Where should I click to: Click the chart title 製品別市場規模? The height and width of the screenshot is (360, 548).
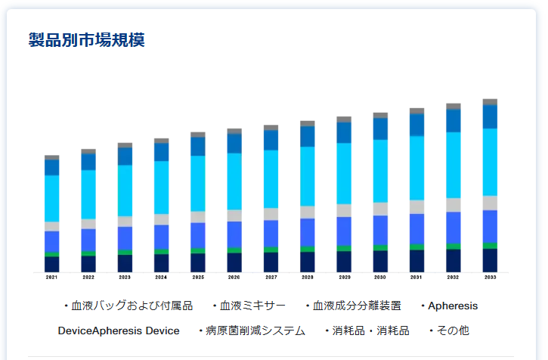tap(86, 40)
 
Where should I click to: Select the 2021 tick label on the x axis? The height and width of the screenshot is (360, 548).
tap(51, 278)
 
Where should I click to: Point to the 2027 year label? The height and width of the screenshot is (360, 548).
tap(271, 278)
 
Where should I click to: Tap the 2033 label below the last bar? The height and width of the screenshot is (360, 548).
tap(490, 278)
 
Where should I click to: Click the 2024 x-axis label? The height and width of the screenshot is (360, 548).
tap(161, 278)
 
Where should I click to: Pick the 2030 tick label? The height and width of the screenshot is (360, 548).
tap(380, 278)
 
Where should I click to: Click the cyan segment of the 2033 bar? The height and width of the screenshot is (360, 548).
tap(490, 162)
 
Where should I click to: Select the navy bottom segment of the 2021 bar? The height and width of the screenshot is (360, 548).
tap(51, 264)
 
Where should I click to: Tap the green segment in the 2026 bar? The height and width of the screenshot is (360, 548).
tap(234, 250)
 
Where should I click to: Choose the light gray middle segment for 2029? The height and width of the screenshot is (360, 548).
tap(344, 210)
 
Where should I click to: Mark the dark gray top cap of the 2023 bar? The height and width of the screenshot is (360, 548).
tap(125, 145)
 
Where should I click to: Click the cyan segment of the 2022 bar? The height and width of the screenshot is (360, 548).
tap(88, 194)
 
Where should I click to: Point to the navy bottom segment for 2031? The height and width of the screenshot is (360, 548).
tap(416, 260)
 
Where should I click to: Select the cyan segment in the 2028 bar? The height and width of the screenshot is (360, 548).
tap(308, 175)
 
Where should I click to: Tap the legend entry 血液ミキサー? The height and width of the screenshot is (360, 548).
tap(252, 306)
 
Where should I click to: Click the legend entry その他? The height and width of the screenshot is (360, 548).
tap(453, 331)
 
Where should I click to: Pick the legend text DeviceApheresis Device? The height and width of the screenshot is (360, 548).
tap(119, 331)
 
